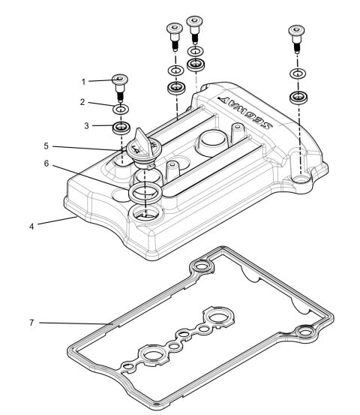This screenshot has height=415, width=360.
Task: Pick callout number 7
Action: click(31, 323)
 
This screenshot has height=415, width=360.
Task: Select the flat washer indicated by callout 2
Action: click(120, 110)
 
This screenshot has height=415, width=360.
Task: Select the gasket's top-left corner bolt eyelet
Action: click(200, 265)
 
